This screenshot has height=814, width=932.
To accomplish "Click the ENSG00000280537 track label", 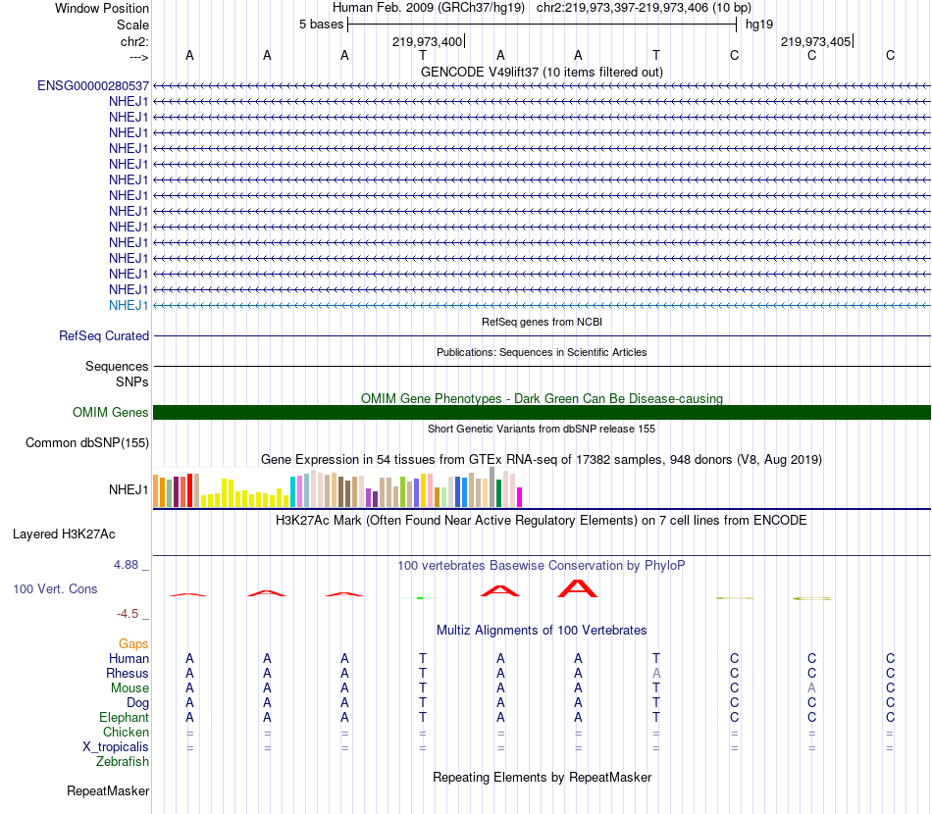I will [93, 85].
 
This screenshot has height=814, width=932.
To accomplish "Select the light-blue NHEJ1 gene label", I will [129, 305].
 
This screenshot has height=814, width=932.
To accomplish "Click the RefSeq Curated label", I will [104, 335].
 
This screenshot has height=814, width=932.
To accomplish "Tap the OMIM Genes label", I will [111, 412].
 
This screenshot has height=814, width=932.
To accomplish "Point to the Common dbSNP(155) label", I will [87, 442].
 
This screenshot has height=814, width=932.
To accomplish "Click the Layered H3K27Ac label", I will [64, 534].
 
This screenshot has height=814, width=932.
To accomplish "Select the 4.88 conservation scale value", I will [128, 565].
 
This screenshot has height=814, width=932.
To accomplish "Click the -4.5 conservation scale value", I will [128, 614].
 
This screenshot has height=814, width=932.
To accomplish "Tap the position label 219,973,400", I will [427, 41].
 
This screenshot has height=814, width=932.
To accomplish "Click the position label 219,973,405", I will [815, 41].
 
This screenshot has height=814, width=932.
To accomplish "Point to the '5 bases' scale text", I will [321, 24].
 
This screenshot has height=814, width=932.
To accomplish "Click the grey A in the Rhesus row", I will [656, 674].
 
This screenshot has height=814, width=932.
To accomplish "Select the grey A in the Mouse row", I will [811, 688].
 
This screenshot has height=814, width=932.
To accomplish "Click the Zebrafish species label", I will [123, 762].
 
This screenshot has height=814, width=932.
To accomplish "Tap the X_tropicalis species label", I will [116, 747].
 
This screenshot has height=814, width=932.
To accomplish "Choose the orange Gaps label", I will [133, 643].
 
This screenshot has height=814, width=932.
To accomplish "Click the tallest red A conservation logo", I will [578, 588].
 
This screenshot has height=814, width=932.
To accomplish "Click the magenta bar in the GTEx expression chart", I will [519, 497].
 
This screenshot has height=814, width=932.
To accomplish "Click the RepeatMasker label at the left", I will [108, 790].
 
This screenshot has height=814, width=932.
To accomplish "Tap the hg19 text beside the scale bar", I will [759, 24].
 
